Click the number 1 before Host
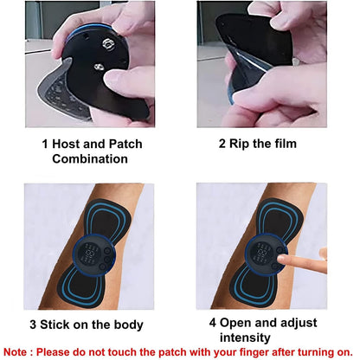tap(45, 144)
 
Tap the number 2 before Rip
tap(222, 144)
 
